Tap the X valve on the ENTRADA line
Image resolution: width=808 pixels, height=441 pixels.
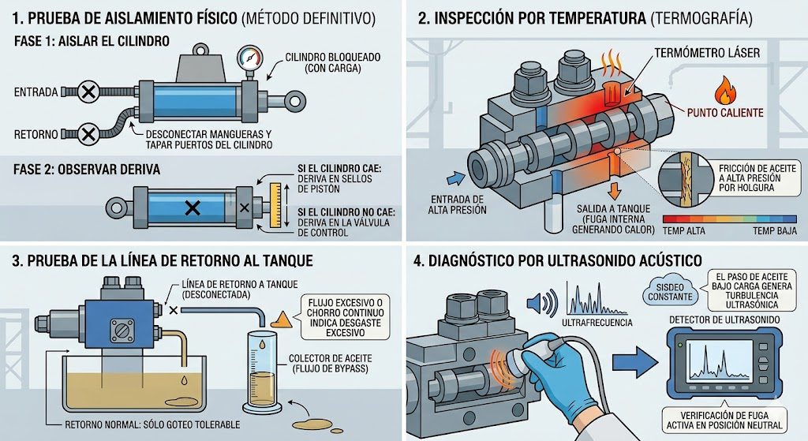(x=88, y=92)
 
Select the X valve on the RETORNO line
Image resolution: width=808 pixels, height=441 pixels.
(x=88, y=134)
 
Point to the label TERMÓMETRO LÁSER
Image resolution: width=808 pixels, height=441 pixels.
(x=707, y=53)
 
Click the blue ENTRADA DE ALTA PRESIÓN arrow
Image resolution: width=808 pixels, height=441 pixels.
(x=455, y=178)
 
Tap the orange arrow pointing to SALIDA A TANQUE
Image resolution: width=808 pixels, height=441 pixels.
(x=613, y=189)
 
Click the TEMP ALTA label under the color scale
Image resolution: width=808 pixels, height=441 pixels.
(x=683, y=231)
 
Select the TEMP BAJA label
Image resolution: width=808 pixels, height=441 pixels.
(x=775, y=231)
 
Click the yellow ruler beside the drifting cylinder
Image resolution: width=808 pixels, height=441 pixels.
(x=275, y=205)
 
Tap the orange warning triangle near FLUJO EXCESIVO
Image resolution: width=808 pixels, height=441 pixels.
(x=281, y=320)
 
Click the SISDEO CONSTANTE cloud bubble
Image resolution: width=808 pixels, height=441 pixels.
(x=670, y=292)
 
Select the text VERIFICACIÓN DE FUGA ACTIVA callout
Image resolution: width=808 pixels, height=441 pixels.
(x=724, y=420)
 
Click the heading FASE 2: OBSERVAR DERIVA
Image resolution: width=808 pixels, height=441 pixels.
(x=87, y=170)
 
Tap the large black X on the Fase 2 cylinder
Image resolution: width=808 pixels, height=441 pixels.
(x=193, y=208)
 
